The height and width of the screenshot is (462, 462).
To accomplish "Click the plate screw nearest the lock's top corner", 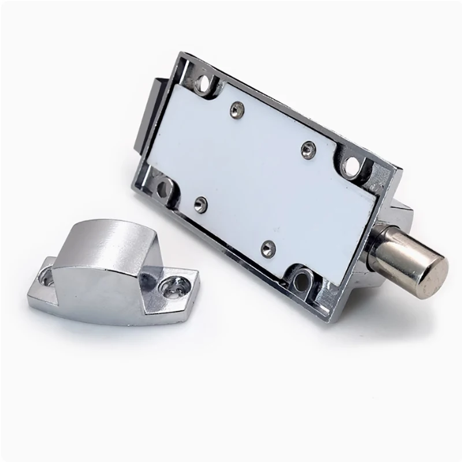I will pyautogui.click(x=235, y=107).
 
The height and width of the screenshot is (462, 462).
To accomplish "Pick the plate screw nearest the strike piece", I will pyautogui.click(x=200, y=203).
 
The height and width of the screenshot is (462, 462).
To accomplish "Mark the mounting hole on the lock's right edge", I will pyautogui.click(x=351, y=167).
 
